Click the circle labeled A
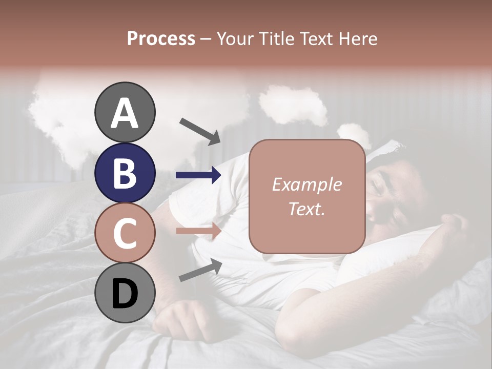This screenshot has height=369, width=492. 125,112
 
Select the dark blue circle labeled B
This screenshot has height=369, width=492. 125,173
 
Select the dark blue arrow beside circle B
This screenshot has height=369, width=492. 198,175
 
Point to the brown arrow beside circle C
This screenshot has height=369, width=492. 198,231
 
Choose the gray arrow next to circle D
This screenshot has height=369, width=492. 200,270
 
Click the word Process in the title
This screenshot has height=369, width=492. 161,38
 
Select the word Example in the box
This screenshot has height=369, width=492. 306,184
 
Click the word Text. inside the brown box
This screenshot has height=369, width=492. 306,209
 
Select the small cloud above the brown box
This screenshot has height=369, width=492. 293,105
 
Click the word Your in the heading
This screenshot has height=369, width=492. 233,38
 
